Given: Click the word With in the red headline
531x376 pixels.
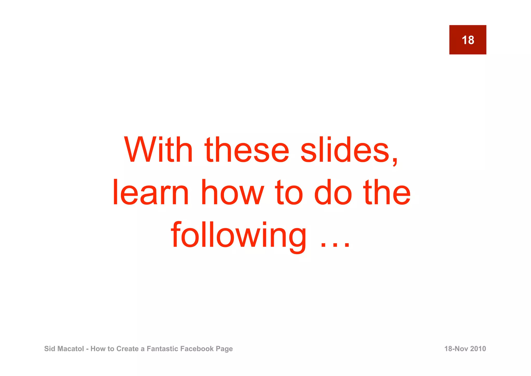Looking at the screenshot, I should [x=158, y=150].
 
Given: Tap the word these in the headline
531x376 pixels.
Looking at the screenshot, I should [x=247, y=150].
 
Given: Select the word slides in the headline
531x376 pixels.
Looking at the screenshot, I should [x=345, y=150].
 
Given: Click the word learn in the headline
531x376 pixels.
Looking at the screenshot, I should [x=151, y=193].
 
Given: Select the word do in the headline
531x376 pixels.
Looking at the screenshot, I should [x=333, y=193].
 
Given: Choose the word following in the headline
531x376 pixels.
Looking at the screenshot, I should [x=239, y=235].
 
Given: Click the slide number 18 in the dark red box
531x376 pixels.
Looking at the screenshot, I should [x=468, y=40].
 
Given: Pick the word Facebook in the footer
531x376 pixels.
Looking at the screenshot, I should [x=197, y=349].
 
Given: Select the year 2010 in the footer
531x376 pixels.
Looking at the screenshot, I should [x=478, y=349].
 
